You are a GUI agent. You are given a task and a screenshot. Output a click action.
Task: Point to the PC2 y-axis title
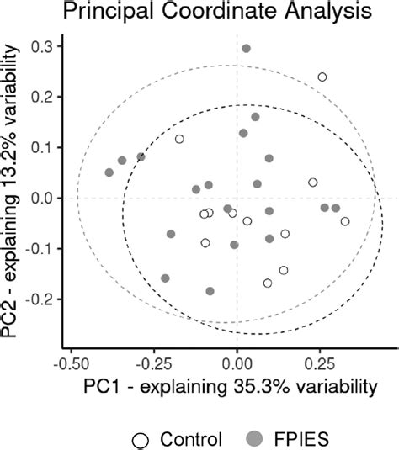point(13,198)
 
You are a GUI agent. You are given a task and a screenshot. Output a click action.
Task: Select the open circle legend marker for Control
point(141,438)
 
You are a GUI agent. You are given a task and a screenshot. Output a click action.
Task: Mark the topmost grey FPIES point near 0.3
point(247,49)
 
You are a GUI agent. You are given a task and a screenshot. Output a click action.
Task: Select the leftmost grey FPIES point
point(109,172)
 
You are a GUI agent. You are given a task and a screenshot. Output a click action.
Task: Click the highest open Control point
point(322,77)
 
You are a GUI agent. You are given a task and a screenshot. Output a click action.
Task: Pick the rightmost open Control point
point(345,221)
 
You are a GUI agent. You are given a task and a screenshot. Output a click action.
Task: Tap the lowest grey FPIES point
point(210,291)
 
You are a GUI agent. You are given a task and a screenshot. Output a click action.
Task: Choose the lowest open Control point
point(268,283)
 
